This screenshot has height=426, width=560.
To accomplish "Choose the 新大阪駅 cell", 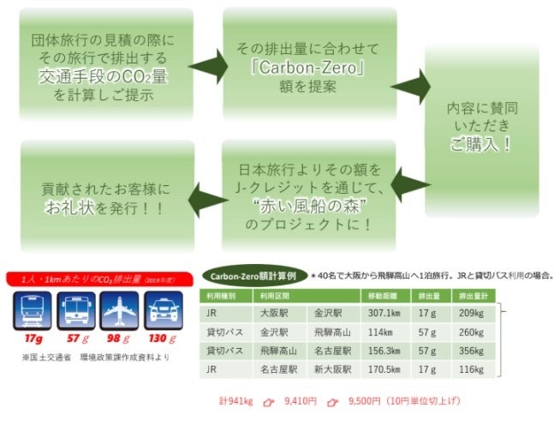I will pos(328,369).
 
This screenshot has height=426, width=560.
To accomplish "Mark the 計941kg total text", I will pos(236,400).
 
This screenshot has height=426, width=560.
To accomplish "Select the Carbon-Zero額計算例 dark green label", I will pos(253,276).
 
